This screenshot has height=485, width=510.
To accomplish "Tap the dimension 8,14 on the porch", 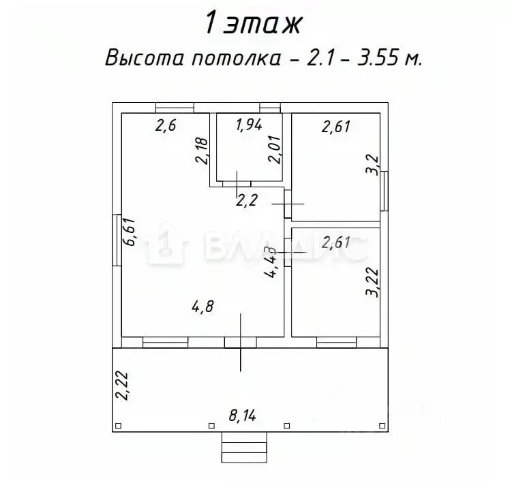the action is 242,416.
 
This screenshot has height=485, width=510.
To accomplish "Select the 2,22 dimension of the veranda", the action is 122,386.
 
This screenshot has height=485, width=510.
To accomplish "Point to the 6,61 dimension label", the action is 129,232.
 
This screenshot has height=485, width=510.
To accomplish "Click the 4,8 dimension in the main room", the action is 202,307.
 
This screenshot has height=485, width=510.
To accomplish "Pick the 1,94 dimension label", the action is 249,125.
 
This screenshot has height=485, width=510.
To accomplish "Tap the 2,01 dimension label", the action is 274,149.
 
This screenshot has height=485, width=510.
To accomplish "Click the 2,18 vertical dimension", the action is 201,151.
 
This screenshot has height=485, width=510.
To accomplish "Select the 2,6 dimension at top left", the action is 166,125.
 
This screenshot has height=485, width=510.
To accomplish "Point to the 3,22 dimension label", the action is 372,282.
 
